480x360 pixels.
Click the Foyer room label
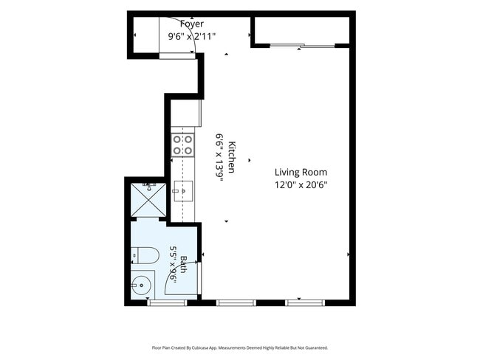click(x=192, y=24)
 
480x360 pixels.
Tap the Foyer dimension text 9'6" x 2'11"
click(x=192, y=36)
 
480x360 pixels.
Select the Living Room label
click(x=301, y=172)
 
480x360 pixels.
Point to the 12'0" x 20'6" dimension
click(x=301, y=185)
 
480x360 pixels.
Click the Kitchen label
click(x=232, y=157)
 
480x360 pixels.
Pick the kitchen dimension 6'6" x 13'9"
click(x=219, y=157)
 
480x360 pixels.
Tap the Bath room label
click(x=183, y=265)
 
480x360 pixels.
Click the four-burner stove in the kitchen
click(x=182, y=145)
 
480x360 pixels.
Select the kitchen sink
click(x=183, y=191)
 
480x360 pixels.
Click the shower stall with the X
click(x=148, y=200)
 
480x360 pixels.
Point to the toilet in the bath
click(x=145, y=255)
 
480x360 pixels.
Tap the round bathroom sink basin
click(x=141, y=285)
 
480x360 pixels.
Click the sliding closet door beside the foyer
click(x=302, y=46)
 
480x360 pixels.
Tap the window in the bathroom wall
click(x=167, y=302)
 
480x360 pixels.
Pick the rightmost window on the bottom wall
click(x=305, y=302)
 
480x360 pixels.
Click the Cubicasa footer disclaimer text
click(x=240, y=347)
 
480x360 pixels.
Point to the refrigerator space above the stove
click(x=186, y=113)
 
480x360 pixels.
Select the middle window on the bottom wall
click(x=236, y=302)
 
